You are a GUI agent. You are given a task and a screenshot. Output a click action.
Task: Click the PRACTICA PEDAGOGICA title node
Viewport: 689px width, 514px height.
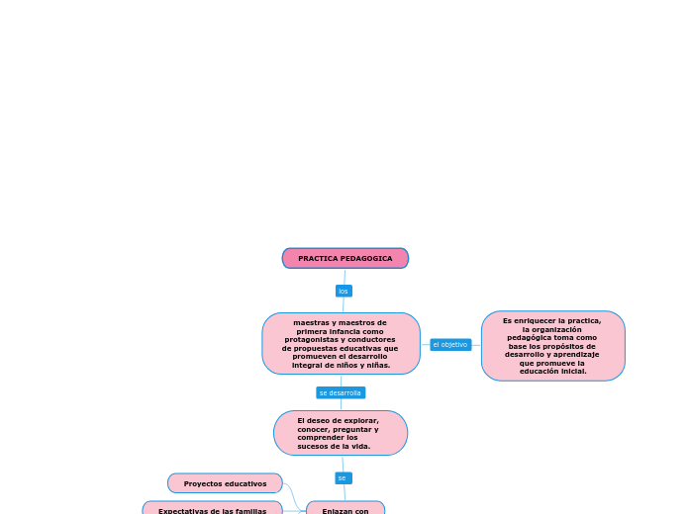344,258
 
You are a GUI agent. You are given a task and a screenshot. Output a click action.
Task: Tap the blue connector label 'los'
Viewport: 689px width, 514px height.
344,291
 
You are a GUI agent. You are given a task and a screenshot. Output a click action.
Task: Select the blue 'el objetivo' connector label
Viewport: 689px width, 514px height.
450,344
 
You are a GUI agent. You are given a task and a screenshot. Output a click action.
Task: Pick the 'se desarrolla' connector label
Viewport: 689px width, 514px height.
341,392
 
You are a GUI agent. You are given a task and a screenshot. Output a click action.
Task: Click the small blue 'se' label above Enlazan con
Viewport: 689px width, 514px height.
343,477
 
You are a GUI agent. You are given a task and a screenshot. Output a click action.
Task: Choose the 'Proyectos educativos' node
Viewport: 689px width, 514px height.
225,483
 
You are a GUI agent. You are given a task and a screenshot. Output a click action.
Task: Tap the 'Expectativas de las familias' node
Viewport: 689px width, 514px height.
212,510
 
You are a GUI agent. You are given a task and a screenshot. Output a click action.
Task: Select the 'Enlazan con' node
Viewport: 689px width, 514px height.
344,510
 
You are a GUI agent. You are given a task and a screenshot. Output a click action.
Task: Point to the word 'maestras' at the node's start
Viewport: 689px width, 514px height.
314,322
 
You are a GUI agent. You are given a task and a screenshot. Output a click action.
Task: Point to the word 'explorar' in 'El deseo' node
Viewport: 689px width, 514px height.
360,420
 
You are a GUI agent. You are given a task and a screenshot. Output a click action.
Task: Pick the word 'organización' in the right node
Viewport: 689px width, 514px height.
560,329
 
